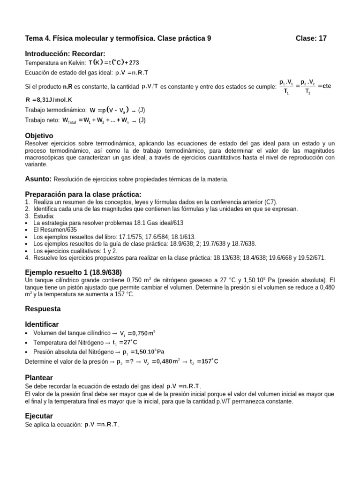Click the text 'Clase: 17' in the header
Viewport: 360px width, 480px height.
click(x=311, y=39)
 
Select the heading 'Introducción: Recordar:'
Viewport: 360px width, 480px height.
click(x=65, y=53)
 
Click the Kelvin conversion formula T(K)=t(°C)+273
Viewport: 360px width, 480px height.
click(x=114, y=63)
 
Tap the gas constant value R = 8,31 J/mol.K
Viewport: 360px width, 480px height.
click(x=49, y=100)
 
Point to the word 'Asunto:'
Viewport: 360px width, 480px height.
click(x=37, y=179)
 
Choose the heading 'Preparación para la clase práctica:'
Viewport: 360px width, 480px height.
click(x=82, y=194)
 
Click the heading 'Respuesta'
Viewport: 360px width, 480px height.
click(x=42, y=309)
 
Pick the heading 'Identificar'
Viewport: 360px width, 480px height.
click(x=42, y=324)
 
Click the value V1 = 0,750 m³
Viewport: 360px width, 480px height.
click(x=137, y=333)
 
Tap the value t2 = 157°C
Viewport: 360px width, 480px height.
click(x=204, y=361)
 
